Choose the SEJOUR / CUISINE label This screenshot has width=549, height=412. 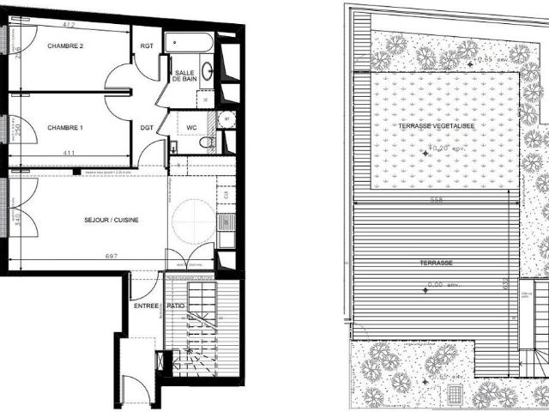coord(112,220)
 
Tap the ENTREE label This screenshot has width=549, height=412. coord(145,306)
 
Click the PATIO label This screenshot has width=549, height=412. coord(177,306)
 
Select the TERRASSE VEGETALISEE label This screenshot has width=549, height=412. coord(436,126)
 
